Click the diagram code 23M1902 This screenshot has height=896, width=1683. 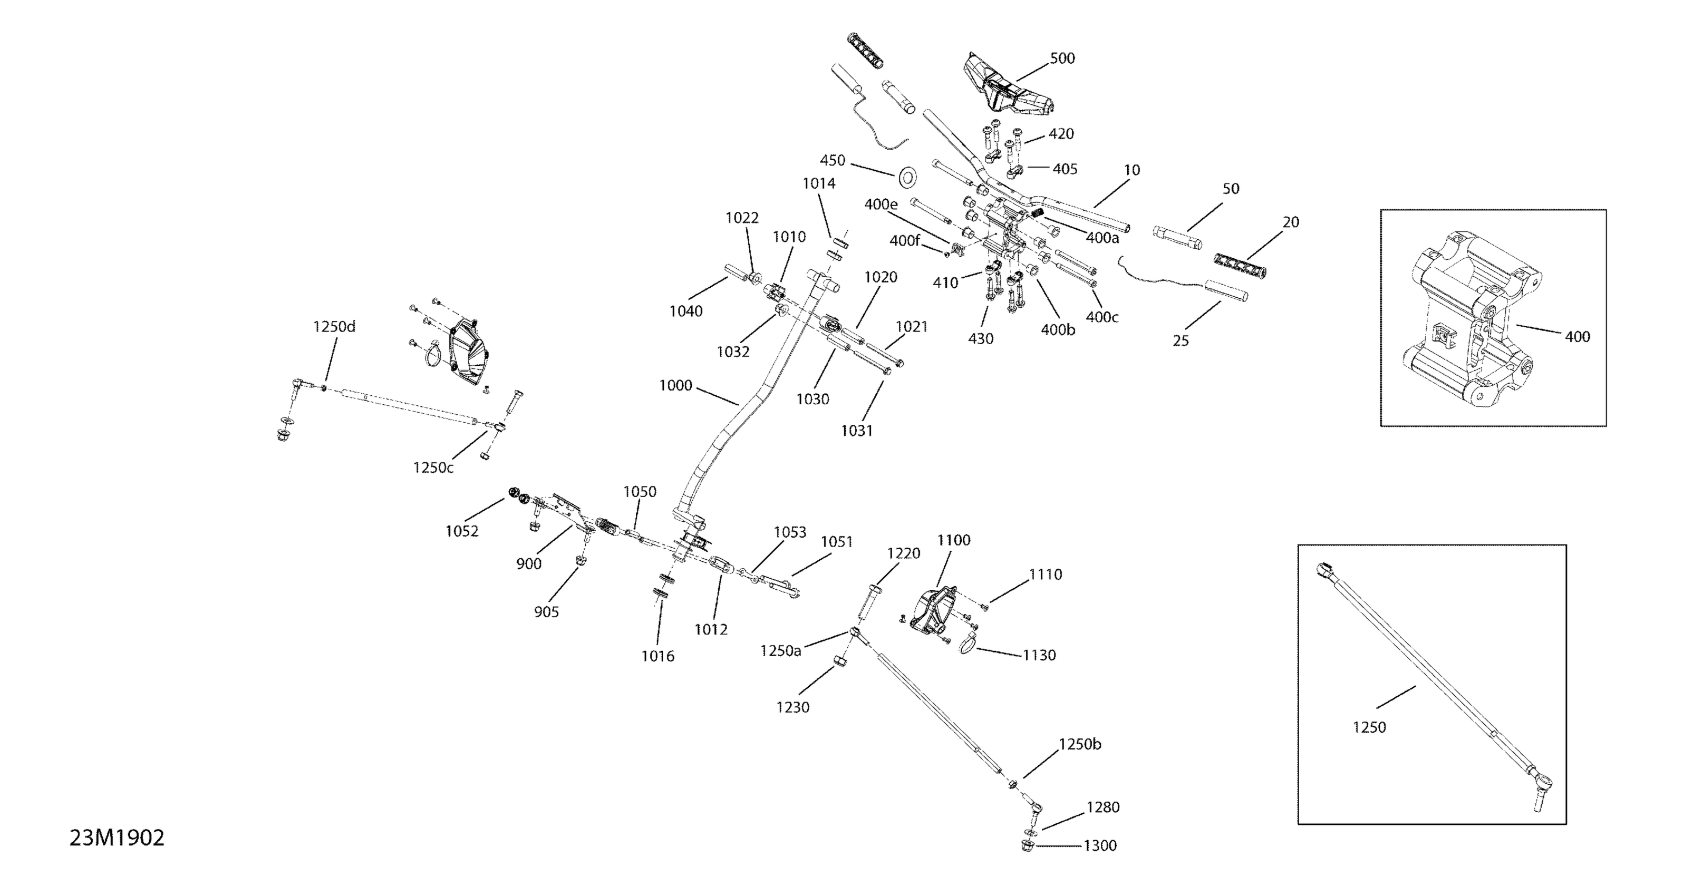click(117, 839)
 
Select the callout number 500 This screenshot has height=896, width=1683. click(1062, 58)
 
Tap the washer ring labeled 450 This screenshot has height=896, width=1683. click(907, 177)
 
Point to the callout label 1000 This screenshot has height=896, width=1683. click(675, 385)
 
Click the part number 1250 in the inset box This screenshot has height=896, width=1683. click(1369, 727)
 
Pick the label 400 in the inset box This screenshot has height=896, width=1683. click(1577, 337)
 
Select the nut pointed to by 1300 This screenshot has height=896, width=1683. click(1026, 846)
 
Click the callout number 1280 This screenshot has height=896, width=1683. click(1103, 807)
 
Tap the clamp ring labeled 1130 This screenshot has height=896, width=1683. click(967, 646)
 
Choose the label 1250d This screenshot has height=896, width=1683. click(334, 327)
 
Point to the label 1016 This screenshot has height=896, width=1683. click(657, 656)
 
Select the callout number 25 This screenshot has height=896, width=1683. click(1181, 341)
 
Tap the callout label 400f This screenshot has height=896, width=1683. click(904, 241)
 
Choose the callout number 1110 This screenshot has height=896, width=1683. click(1046, 574)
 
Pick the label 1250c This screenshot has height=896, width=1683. click(433, 468)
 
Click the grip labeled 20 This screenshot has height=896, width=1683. click(1240, 265)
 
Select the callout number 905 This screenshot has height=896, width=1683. click(546, 612)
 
